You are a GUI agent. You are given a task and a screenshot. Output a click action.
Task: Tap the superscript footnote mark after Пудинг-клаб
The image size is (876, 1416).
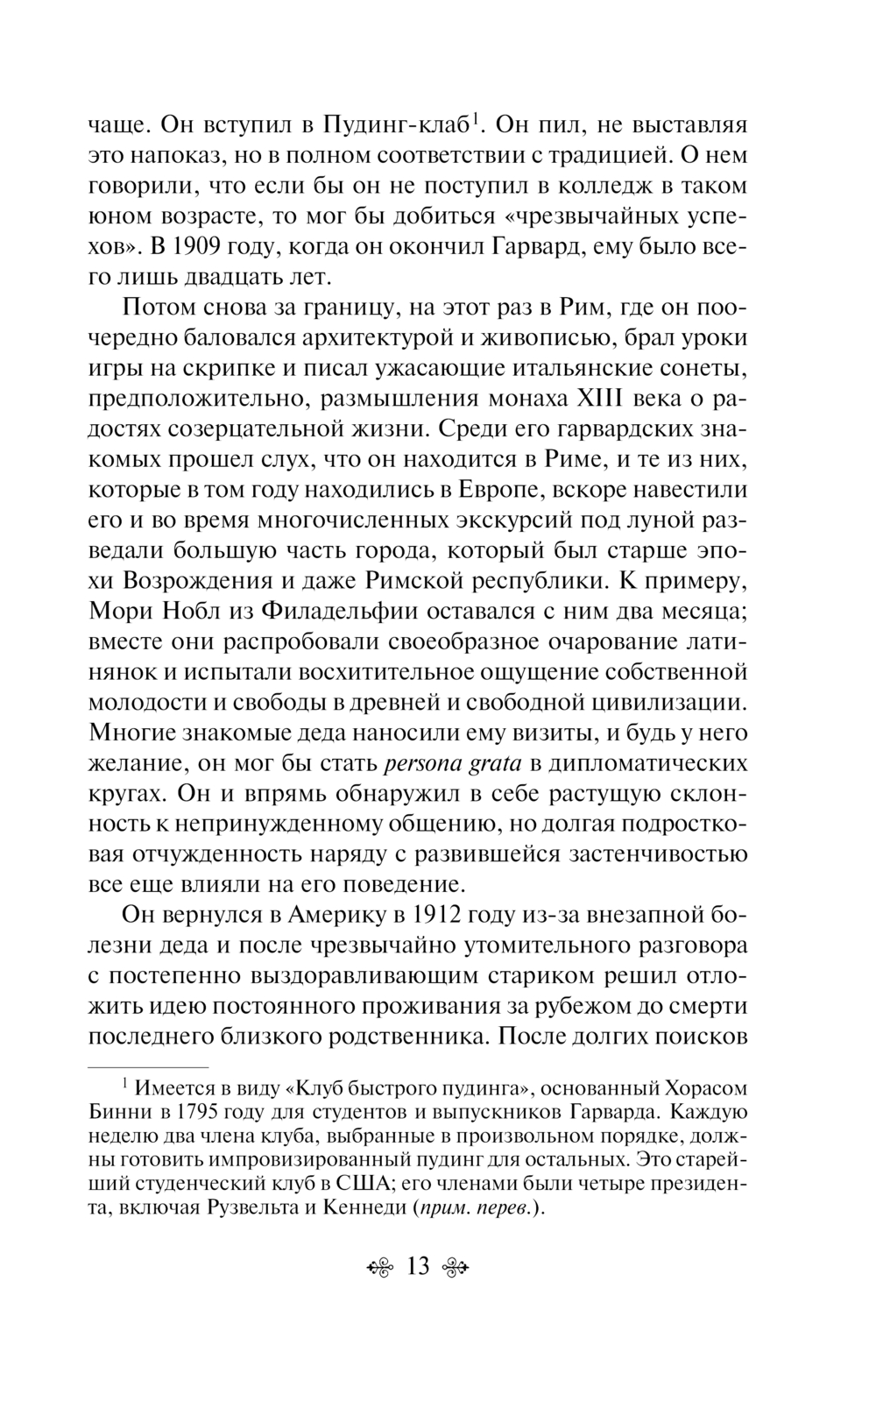475,117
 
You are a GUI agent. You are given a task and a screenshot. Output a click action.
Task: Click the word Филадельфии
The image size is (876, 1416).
343,611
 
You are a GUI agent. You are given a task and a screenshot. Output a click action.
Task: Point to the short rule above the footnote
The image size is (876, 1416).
149,1068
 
